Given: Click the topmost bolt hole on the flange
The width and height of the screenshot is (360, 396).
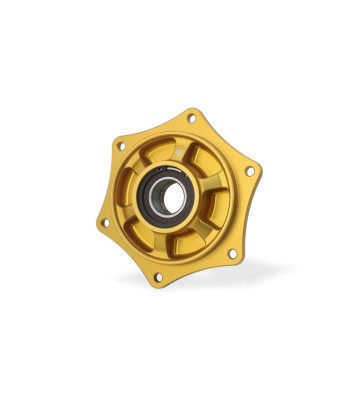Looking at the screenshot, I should coord(191,118).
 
